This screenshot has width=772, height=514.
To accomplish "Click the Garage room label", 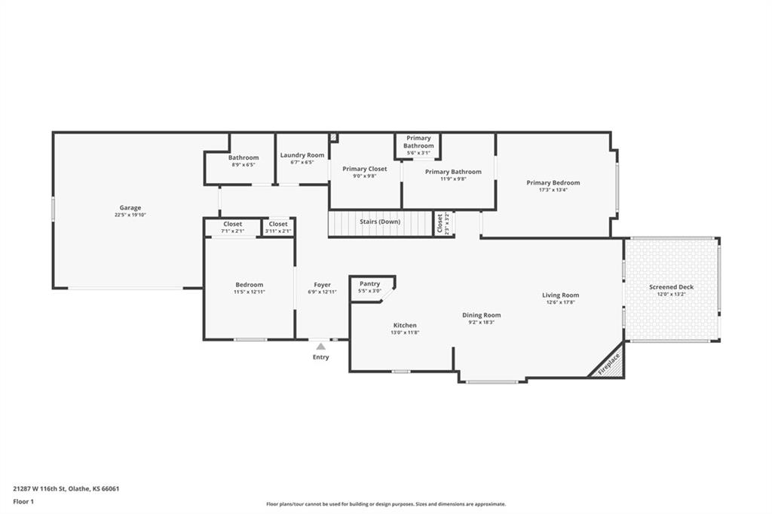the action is (130, 208).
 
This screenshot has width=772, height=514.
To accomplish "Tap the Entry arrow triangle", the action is (321, 346).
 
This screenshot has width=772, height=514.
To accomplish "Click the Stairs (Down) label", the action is (380, 222).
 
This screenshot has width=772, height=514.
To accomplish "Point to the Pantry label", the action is (369, 283).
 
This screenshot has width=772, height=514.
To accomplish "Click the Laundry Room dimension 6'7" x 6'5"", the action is (302, 163).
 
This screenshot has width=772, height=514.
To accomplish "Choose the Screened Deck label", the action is (671, 287).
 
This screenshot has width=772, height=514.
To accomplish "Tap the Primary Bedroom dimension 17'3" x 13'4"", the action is (553, 190).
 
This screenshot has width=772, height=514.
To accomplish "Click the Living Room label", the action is (561, 295).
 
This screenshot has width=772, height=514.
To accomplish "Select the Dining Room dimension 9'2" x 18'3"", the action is (482, 323).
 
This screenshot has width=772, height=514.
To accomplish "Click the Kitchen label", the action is (405, 326).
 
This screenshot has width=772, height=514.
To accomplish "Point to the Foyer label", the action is (323, 285).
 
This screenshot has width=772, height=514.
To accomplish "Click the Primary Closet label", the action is (365, 169).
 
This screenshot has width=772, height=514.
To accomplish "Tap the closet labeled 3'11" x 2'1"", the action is (278, 228).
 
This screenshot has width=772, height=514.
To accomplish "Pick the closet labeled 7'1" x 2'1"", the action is (233, 228).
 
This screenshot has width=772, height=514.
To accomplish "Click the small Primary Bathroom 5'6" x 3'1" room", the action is (418, 145).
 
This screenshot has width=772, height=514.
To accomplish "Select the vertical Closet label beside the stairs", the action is (440, 223).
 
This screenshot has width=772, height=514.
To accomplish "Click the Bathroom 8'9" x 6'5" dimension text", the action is (244, 165).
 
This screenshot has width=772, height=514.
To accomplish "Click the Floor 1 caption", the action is (23, 502).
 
